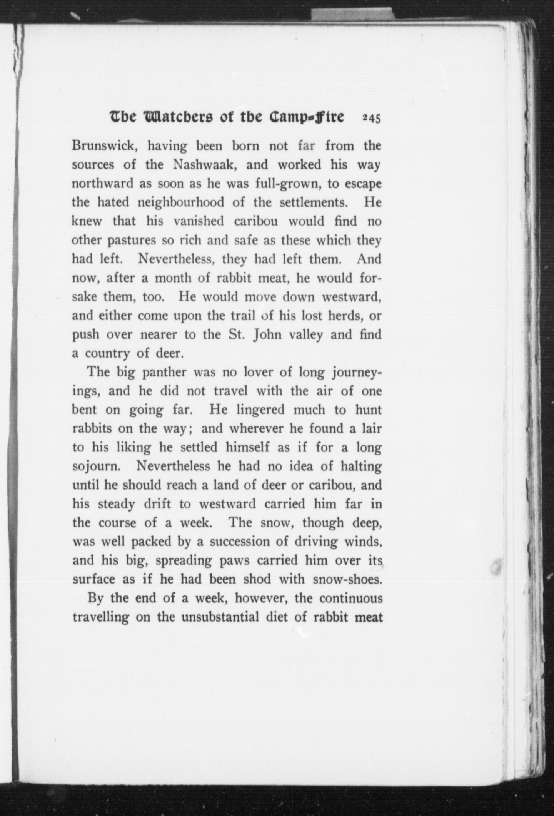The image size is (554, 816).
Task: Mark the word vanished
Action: click(198, 221)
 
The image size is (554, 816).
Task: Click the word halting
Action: click(361, 466)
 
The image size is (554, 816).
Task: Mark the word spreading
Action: click(184, 560)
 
